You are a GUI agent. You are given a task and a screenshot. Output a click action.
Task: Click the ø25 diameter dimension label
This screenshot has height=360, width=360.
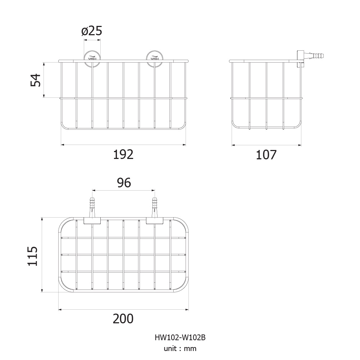(92, 31)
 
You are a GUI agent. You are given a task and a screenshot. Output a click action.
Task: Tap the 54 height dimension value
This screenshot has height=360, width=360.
(36, 80)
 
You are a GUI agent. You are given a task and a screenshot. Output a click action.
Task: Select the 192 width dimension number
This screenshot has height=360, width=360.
(123, 155)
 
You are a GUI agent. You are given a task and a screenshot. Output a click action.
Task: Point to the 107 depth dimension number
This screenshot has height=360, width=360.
(266, 155)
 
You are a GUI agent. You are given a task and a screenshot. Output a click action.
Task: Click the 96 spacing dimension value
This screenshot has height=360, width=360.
(124, 183)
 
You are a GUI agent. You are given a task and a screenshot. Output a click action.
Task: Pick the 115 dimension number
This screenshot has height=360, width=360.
(33, 256)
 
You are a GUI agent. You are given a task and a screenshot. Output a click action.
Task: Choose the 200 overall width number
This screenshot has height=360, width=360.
(123, 319)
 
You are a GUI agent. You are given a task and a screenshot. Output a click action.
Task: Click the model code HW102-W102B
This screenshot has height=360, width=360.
(180, 337)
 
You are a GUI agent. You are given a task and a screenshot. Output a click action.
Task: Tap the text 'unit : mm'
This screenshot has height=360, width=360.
(180, 348)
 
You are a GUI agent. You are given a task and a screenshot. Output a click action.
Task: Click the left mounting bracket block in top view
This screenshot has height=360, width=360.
(92, 220)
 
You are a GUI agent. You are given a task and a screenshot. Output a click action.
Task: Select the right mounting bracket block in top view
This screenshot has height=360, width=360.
(155, 220)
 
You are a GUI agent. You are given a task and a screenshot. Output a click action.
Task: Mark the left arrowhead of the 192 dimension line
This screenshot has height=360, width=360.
(63, 145)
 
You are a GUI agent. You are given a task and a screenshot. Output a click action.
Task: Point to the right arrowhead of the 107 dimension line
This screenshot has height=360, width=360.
(299, 145)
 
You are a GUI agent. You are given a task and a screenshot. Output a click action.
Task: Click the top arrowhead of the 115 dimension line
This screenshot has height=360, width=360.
(42, 219)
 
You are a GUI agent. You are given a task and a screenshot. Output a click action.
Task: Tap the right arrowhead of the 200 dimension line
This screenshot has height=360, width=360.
(187, 310)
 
